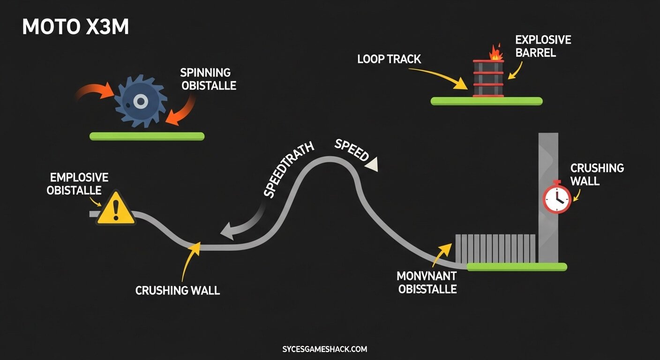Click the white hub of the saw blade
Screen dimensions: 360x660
[139, 101]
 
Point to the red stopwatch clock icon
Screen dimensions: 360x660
[557, 198]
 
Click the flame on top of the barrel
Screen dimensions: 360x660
[495, 52]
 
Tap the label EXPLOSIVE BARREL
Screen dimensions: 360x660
[543, 46]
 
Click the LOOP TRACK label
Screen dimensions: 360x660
[389, 59]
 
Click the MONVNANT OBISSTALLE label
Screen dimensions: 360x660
[427, 282]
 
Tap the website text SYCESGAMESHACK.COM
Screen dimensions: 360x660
[325, 349]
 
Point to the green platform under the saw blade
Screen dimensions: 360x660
[147, 136]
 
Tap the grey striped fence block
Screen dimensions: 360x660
[495, 248]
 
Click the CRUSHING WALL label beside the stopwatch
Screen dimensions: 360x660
[597, 174]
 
